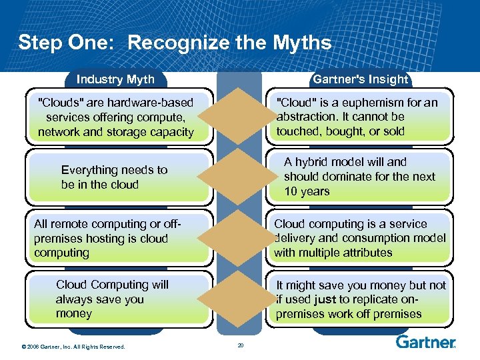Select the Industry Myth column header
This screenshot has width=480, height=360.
pos(115,79)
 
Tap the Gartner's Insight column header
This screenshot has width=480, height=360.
pos(361,79)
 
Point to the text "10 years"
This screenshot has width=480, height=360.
pos(307,191)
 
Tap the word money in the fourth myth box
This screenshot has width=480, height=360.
pos(74,313)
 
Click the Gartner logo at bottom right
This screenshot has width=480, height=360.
pos(426,342)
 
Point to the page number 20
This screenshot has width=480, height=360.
pos(241,345)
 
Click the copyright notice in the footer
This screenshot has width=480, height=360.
pos(73,345)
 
